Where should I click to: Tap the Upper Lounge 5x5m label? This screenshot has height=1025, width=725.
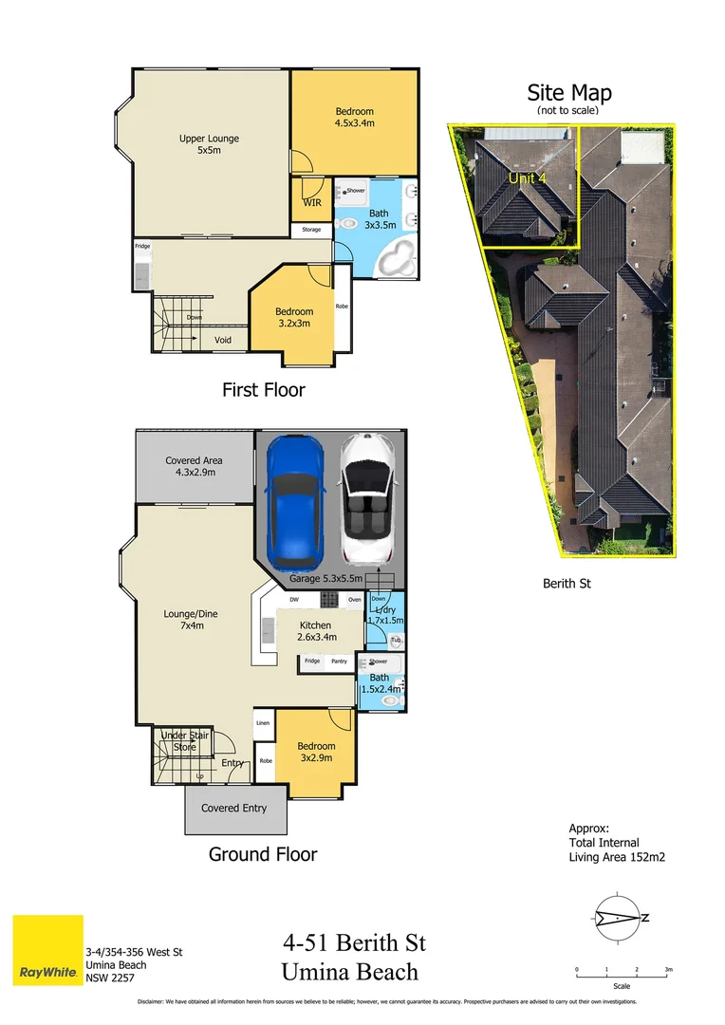pyautogui.click(x=209, y=144)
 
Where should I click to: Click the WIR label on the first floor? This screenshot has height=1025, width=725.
pyautogui.click(x=310, y=202)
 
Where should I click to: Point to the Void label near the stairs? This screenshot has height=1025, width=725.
pyautogui.click(x=223, y=340)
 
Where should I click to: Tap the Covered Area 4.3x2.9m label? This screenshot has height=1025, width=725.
pyautogui.click(x=194, y=466)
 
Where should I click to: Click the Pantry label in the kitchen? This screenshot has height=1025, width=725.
pyautogui.click(x=339, y=661)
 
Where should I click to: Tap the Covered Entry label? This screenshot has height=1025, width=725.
pyautogui.click(x=233, y=809)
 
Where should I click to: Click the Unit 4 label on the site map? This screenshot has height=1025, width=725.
pyautogui.click(x=528, y=178)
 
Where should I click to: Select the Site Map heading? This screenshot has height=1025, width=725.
pyautogui.click(x=569, y=93)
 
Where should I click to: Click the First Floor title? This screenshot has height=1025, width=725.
pyautogui.click(x=263, y=389)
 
